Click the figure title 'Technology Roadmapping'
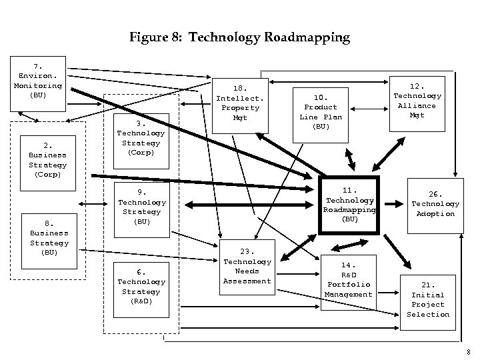[269, 37]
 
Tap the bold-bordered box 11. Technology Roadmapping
[349, 205]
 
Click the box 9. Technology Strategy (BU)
[141, 207]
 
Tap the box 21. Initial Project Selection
[429, 300]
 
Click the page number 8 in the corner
[469, 351]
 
